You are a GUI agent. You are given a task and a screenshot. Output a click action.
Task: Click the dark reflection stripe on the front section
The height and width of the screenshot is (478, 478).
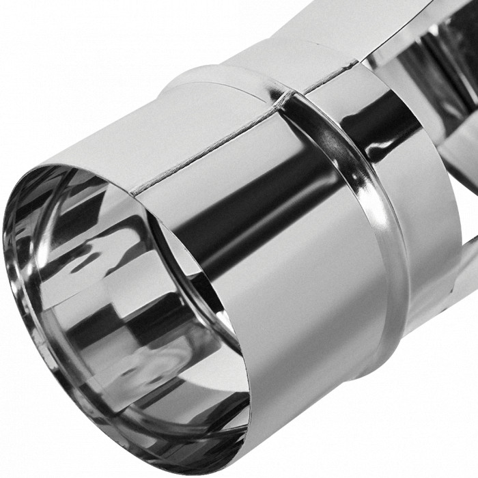click(273, 198)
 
